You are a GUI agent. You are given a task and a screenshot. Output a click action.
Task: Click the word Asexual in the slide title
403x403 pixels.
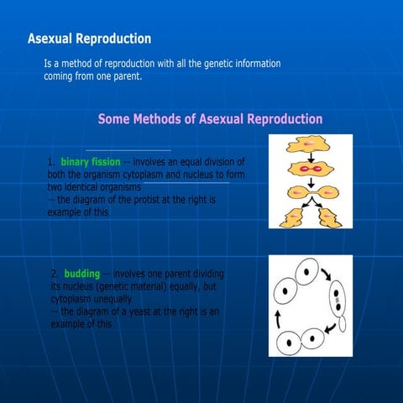point(50,39)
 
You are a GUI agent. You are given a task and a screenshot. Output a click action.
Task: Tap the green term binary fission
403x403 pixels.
point(90,161)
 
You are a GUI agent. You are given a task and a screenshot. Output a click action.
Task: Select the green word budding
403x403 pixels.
point(81,274)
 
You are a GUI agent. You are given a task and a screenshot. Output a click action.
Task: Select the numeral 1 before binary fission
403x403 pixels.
point(51,161)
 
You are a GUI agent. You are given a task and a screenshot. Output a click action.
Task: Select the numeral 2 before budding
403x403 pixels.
point(55,274)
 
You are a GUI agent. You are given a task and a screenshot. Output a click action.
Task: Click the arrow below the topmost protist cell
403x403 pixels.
point(308,158)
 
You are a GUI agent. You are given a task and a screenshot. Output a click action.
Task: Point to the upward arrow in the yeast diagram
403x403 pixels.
point(278,318)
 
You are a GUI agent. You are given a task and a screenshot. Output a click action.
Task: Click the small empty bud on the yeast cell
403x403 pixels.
point(341,324)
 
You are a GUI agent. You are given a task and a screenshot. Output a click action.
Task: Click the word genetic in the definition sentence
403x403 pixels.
point(198,64)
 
